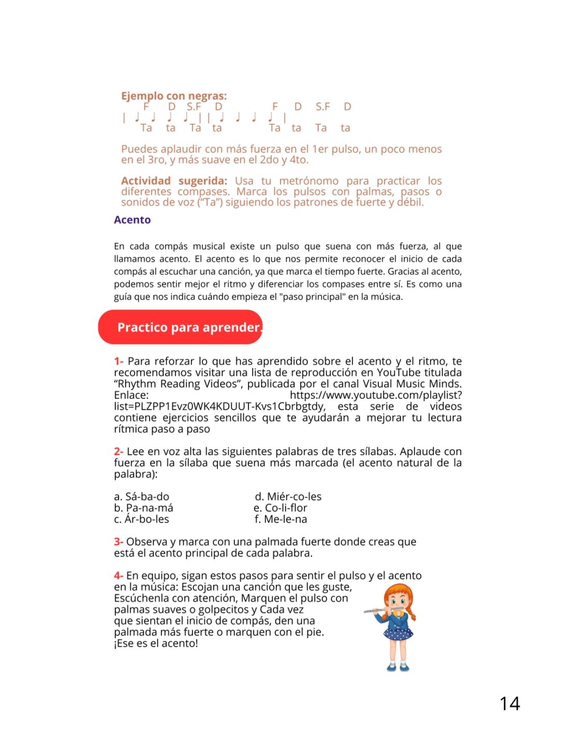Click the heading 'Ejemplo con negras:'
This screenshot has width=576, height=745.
(x=174, y=96)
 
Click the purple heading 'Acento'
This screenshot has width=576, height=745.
(x=132, y=220)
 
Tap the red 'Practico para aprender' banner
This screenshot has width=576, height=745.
(x=181, y=327)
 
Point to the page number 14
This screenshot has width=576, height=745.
(x=509, y=704)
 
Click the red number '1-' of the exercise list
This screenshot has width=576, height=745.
(x=119, y=361)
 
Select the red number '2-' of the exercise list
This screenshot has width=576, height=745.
(x=119, y=452)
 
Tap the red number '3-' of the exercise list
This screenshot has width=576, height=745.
(x=119, y=542)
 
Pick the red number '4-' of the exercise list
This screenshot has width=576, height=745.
(x=119, y=575)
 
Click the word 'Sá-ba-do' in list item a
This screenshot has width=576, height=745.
(x=147, y=497)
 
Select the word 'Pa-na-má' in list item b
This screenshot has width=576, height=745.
(x=150, y=508)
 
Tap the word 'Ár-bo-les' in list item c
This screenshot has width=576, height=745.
(x=147, y=519)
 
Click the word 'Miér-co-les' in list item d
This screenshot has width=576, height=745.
(x=294, y=497)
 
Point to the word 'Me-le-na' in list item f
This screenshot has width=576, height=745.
(x=286, y=519)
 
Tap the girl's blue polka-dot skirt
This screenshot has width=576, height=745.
(x=398, y=633)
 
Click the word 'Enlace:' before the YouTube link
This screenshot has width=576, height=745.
(x=131, y=395)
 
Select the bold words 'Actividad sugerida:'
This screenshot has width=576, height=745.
(x=174, y=181)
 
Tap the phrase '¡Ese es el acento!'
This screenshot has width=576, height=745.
(x=156, y=644)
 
